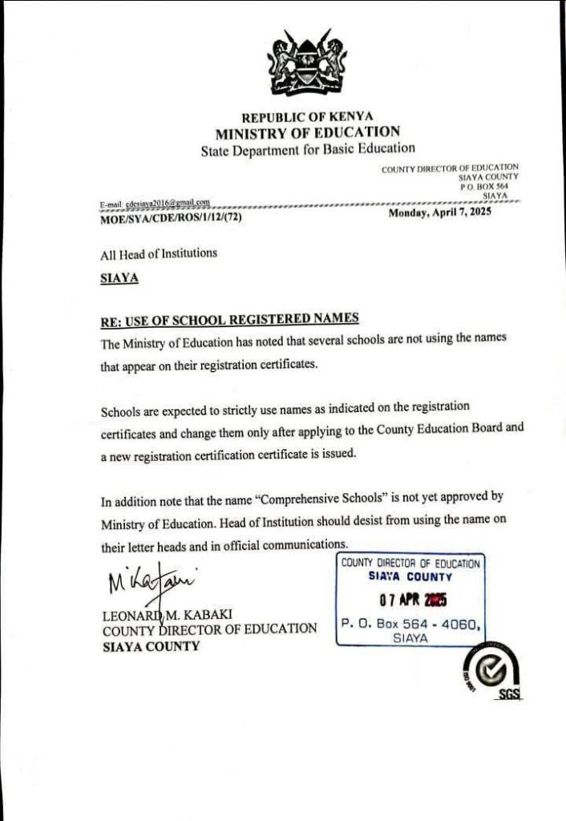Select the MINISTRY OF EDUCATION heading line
307,132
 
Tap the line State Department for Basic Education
308,148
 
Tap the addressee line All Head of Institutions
159,253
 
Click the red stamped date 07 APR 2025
412,599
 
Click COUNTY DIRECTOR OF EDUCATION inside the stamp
410,563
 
